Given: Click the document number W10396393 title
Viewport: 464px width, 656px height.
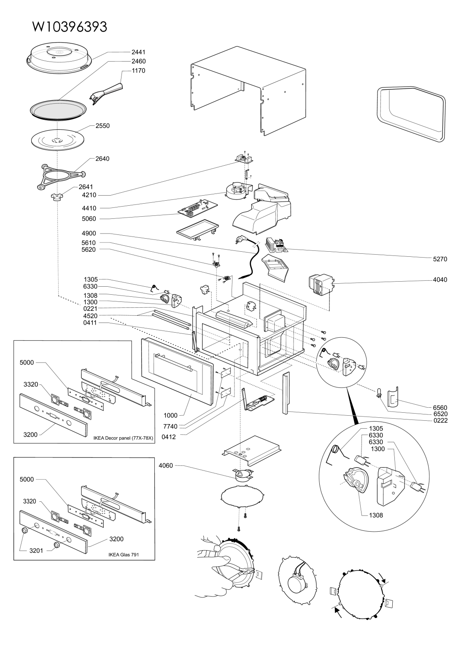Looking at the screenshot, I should coord(70,27).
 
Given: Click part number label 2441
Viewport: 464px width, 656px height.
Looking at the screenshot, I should coord(138,52).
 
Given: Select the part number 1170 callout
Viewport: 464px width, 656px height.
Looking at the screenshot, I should coord(138,71).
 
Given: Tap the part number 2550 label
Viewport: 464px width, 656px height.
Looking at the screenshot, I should coord(103,126).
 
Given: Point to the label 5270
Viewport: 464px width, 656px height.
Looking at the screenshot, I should coord(439,260).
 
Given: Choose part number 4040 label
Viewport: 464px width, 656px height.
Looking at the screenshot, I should coord(439,280).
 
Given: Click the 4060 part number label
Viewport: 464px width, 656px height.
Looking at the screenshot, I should coord(166,465).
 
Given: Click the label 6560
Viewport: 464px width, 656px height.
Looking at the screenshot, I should coord(439,408).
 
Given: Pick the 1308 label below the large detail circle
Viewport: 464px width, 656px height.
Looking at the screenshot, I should coord(374,515).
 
